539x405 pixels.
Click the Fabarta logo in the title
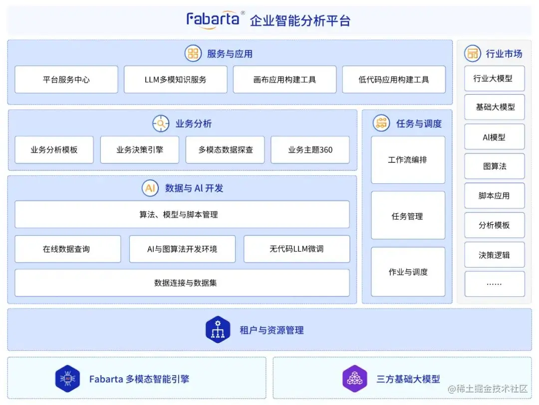215,19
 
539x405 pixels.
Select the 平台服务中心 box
66,80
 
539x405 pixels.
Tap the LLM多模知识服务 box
175,80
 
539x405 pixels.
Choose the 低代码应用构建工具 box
394,80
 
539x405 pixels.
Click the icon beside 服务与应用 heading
193,53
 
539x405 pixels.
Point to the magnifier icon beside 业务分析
161,124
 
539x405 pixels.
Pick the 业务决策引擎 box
140,150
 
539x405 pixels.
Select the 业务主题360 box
310,150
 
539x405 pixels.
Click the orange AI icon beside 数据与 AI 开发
150,188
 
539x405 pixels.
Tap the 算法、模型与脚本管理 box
182,215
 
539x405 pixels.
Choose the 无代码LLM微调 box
296,249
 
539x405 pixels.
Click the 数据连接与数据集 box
182,283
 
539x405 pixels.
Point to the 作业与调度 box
408,272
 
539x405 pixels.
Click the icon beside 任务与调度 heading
382,123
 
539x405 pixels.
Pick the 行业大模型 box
494,79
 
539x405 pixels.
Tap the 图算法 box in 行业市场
494,166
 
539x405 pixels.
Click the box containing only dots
494,284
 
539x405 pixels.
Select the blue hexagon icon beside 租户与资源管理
218,330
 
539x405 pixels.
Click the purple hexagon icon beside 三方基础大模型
355,379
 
